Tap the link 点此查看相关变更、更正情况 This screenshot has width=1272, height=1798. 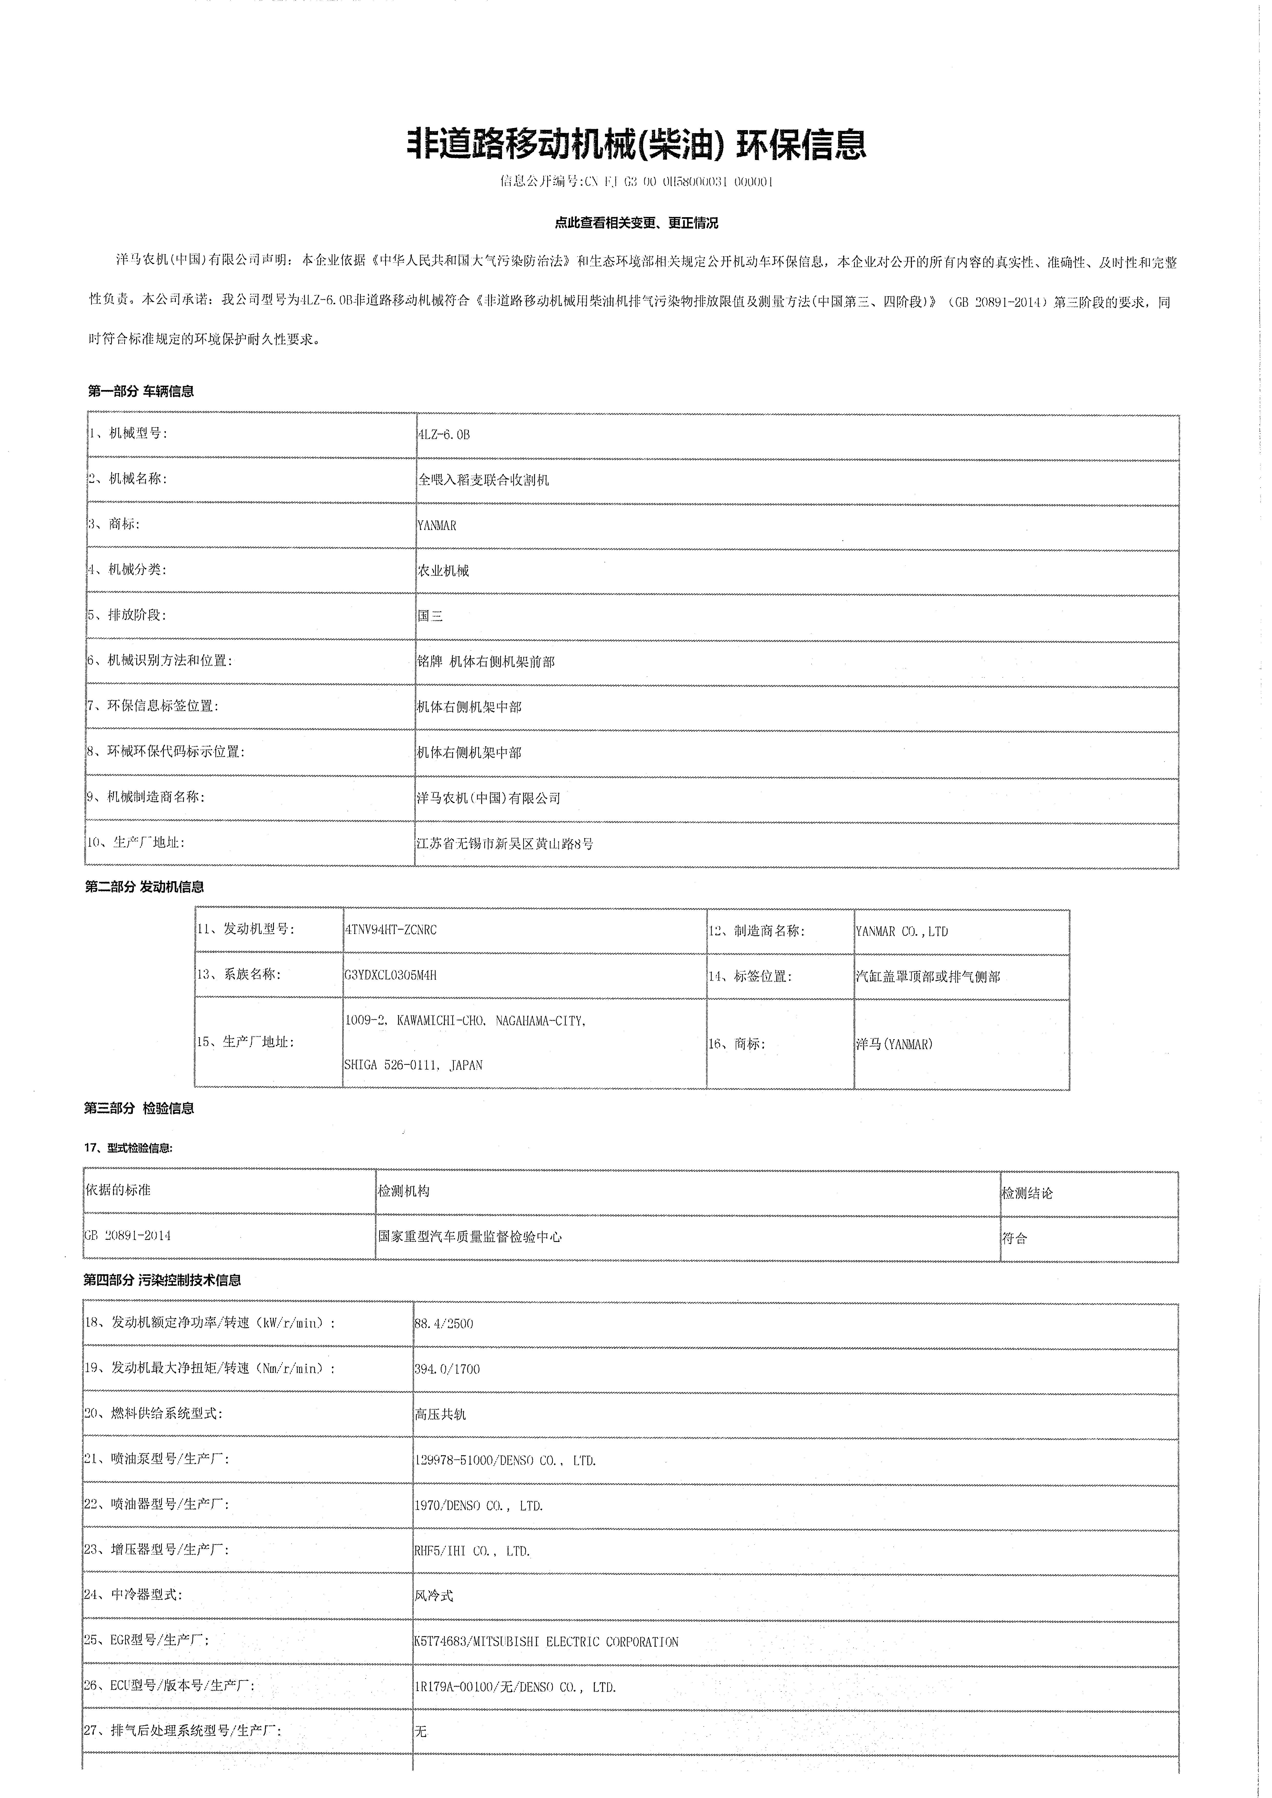pyautogui.click(x=636, y=223)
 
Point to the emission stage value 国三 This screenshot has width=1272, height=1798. pyautogui.click(x=430, y=616)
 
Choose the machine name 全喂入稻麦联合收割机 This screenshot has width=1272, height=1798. pyautogui.click(x=483, y=480)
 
